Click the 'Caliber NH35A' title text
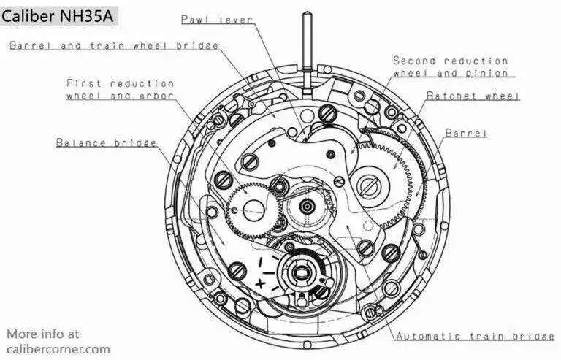57,17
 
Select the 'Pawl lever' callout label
217,19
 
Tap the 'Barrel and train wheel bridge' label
114,46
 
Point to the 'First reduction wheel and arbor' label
121,89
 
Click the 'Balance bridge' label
106,142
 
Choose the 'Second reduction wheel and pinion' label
451,66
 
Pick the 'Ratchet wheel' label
473,96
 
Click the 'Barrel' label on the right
466,134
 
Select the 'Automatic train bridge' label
476,336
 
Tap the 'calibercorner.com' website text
58,349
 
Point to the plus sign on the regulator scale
260,284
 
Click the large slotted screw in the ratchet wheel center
368,185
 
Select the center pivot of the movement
307,206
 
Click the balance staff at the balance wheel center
299,273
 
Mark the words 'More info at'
43,334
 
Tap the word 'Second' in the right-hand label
414,61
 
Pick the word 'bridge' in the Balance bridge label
135,142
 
